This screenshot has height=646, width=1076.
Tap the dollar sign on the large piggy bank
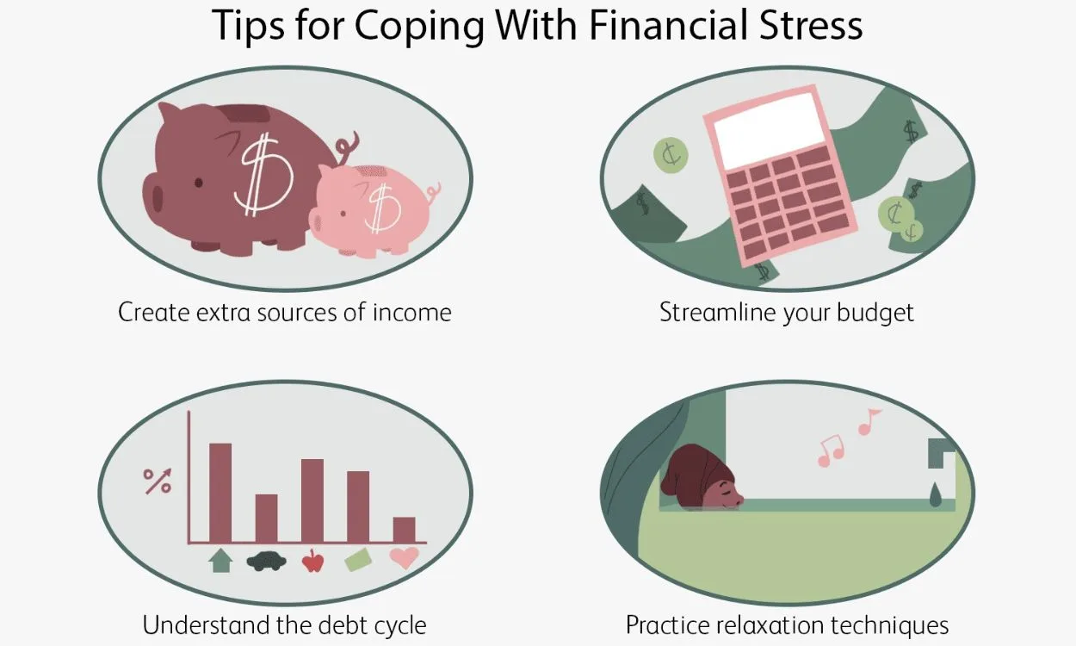click(263, 175)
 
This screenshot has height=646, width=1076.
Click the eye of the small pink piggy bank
click(343, 213)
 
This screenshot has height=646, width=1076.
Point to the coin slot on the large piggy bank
click(246, 114)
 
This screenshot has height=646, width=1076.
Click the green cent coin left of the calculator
click(671, 155)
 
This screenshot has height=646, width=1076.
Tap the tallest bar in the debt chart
click(220, 493)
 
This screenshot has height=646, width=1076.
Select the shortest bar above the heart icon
click(404, 530)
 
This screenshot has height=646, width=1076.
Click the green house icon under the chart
click(220, 561)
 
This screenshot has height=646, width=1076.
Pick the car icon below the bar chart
click(267, 562)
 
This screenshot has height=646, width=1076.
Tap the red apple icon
click(312, 561)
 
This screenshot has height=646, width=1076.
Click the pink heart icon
click(405, 558)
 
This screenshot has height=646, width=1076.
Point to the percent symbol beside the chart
click(158, 481)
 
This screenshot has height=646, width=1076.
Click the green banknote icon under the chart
click(358, 560)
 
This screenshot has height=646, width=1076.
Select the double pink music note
click(831, 450)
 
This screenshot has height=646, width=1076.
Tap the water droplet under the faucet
click(935, 494)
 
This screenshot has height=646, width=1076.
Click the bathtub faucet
click(942, 453)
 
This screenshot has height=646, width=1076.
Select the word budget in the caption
click(875, 314)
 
